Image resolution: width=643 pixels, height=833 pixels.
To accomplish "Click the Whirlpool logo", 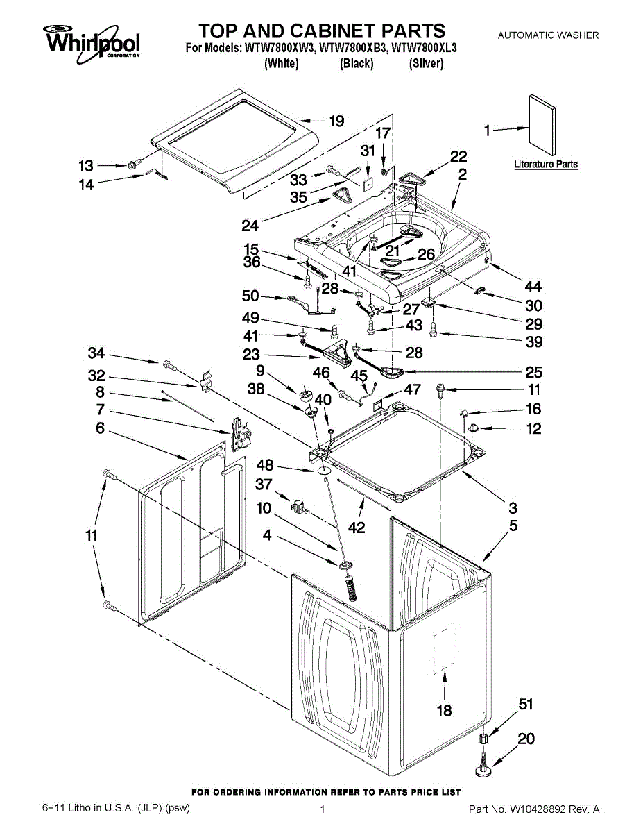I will (93, 41).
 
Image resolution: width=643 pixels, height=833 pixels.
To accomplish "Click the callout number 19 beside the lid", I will (336, 122).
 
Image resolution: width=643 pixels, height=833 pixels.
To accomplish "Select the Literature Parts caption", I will (545, 165).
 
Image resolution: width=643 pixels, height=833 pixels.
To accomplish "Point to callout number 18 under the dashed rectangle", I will (444, 710).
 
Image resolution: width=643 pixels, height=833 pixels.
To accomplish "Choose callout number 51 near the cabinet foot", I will (526, 706).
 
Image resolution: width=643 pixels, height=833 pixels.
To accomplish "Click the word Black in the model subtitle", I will (357, 64).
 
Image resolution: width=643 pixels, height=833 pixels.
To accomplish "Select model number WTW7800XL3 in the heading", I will (425, 49).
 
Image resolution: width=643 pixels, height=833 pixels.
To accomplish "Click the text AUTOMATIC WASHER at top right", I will (548, 35).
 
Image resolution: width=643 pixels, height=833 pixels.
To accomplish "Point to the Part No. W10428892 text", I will (534, 809).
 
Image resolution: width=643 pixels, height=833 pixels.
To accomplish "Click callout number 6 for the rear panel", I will (100, 429).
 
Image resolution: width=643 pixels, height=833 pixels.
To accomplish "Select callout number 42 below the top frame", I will (357, 528).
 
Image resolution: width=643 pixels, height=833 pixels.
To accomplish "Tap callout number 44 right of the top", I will (533, 287).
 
